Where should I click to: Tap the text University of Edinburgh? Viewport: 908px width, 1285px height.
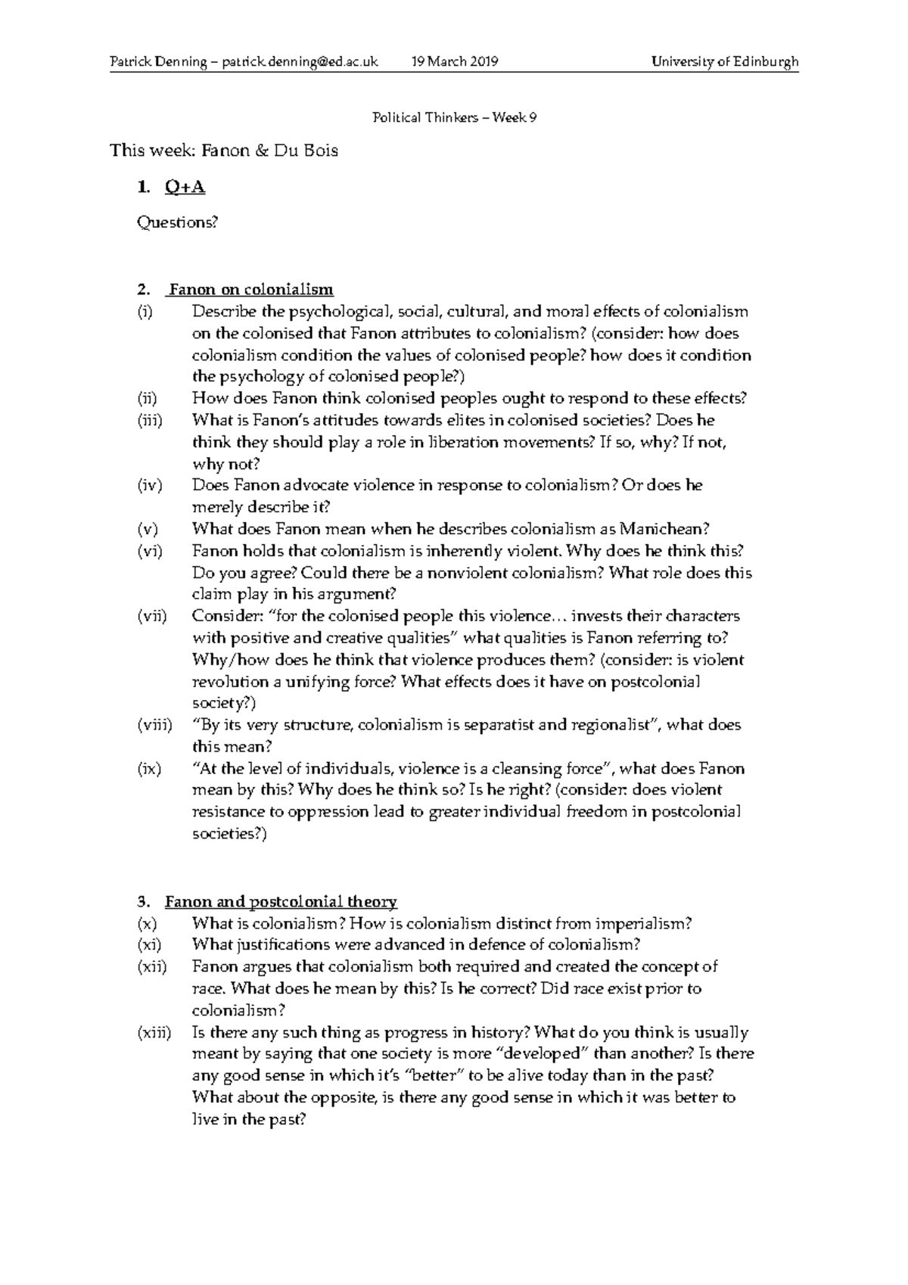click(725, 62)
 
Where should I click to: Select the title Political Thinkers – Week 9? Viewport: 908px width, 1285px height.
click(454, 117)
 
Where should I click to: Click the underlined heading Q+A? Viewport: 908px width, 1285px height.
click(184, 187)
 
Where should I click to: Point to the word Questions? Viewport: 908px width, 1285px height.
click(176, 222)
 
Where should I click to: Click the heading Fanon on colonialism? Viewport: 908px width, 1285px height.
click(250, 289)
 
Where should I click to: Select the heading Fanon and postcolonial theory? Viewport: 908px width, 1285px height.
click(281, 901)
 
